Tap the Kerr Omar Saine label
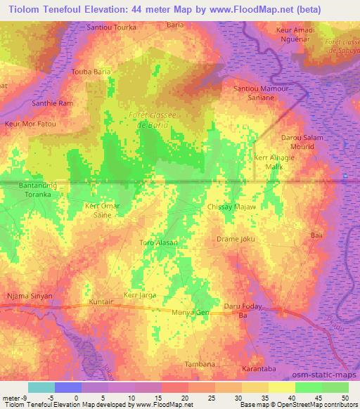tap(103, 209)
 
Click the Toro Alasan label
tap(158, 242)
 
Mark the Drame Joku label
tap(233, 239)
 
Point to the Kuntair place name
tap(101, 301)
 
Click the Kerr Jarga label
tap(139, 295)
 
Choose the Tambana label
tap(199, 363)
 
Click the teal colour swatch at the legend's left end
tap(41, 387)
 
